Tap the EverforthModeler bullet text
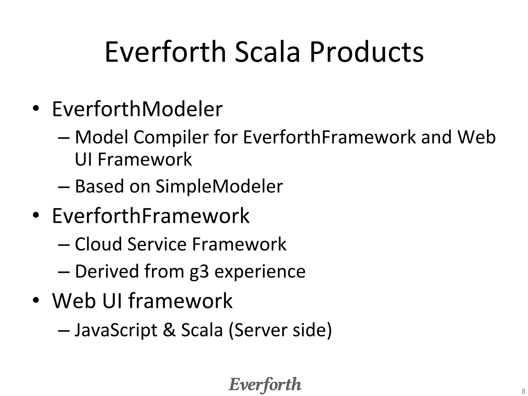pos(137,109)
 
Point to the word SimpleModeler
pos(219,186)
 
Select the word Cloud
pos(98,244)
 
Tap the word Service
pos(157,244)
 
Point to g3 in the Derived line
pos(199,272)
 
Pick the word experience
pos(260,272)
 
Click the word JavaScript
pos(116,330)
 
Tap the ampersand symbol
pos(169,330)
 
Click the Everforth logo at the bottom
pos(265,385)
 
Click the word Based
pos(100,186)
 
